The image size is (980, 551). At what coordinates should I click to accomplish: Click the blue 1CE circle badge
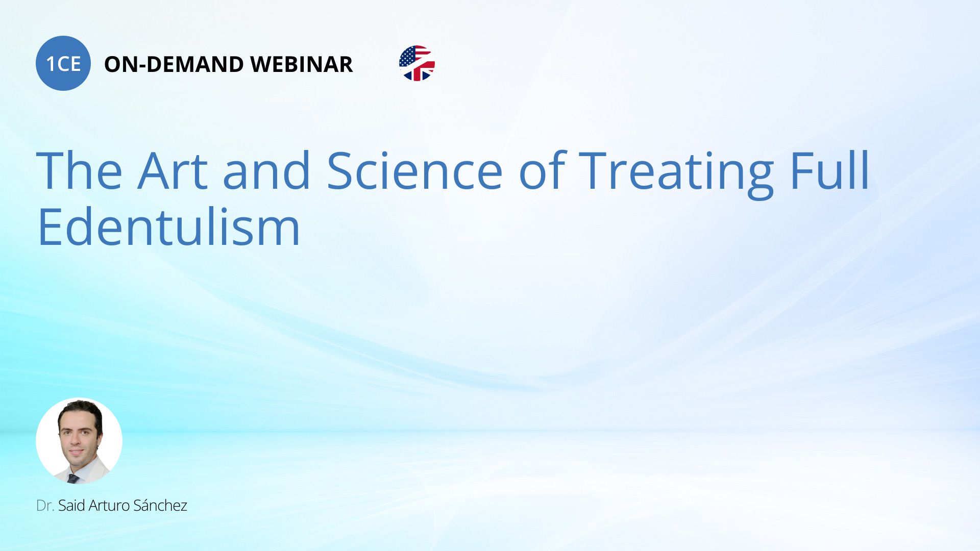[63, 63]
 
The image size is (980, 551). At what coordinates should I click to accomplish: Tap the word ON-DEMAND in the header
[174, 64]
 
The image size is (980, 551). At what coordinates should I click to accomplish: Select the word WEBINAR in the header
[302, 64]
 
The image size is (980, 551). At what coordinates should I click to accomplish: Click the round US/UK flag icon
[417, 63]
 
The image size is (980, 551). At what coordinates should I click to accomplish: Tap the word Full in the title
[830, 170]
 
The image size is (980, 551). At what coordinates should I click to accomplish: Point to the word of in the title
[542, 170]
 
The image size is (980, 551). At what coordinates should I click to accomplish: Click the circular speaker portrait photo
[79, 441]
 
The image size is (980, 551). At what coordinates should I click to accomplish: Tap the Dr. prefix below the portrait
[45, 506]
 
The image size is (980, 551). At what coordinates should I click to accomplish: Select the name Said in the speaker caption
[71, 506]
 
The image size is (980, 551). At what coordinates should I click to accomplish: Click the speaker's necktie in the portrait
[73, 479]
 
